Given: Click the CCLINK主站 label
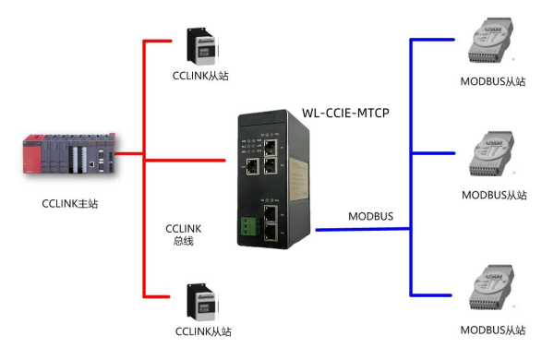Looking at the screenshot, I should tap(70, 204).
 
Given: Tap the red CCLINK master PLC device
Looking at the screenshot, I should tap(70, 154).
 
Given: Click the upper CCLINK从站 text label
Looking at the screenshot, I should tap(202, 76).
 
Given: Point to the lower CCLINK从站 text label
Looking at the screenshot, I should tap(202, 331).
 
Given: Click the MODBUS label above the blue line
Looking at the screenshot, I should tap(370, 217).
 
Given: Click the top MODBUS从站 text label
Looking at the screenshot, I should tap(493, 81).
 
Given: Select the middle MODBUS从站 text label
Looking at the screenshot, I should tap(493, 195).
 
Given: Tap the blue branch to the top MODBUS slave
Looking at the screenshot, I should tap(434, 40).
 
